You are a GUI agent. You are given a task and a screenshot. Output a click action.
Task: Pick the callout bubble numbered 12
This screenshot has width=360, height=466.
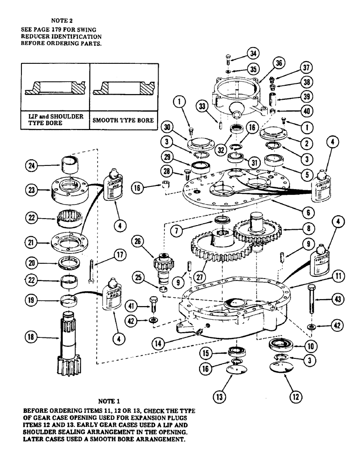click(x=295, y=397)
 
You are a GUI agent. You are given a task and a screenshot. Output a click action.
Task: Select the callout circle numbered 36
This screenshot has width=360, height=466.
click(x=278, y=63)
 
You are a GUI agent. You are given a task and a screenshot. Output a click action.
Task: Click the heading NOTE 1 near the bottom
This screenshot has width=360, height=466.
click(x=109, y=400)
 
